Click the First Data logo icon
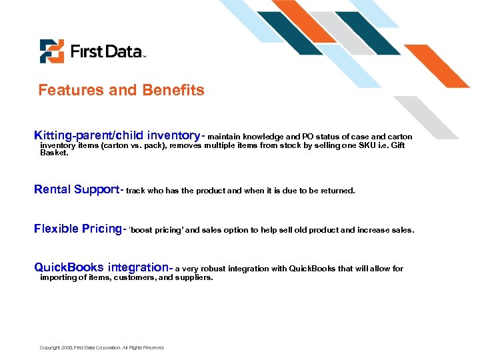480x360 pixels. click(x=51, y=51)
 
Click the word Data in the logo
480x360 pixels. click(x=119, y=51)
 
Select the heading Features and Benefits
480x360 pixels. click(x=121, y=90)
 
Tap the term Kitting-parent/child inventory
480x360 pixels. click(x=117, y=135)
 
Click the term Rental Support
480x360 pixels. click(x=76, y=189)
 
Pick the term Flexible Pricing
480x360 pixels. click(x=77, y=229)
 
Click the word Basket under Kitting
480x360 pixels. click(x=54, y=153)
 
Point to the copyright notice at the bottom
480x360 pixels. click(x=101, y=347)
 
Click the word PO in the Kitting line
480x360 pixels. click(x=307, y=137)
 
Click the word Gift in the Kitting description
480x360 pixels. click(x=397, y=145)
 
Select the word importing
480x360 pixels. click(x=58, y=278)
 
